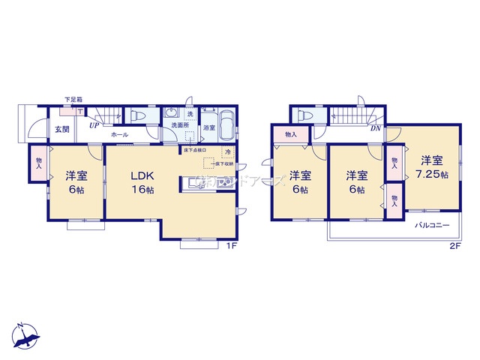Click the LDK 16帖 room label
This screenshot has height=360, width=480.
click(x=142, y=182)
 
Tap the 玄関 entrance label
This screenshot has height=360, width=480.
click(x=61, y=130)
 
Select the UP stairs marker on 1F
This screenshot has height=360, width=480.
click(x=94, y=126)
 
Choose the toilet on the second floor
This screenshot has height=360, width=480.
click(x=305, y=116)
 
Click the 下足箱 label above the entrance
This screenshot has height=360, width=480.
click(x=73, y=100)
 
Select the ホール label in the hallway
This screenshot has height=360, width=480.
click(x=119, y=134)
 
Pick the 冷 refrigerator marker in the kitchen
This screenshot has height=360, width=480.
click(x=226, y=153)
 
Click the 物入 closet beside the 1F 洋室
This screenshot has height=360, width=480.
click(x=39, y=162)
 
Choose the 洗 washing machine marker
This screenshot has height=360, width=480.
click(x=190, y=114)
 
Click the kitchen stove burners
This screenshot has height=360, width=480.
click(x=226, y=182)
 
